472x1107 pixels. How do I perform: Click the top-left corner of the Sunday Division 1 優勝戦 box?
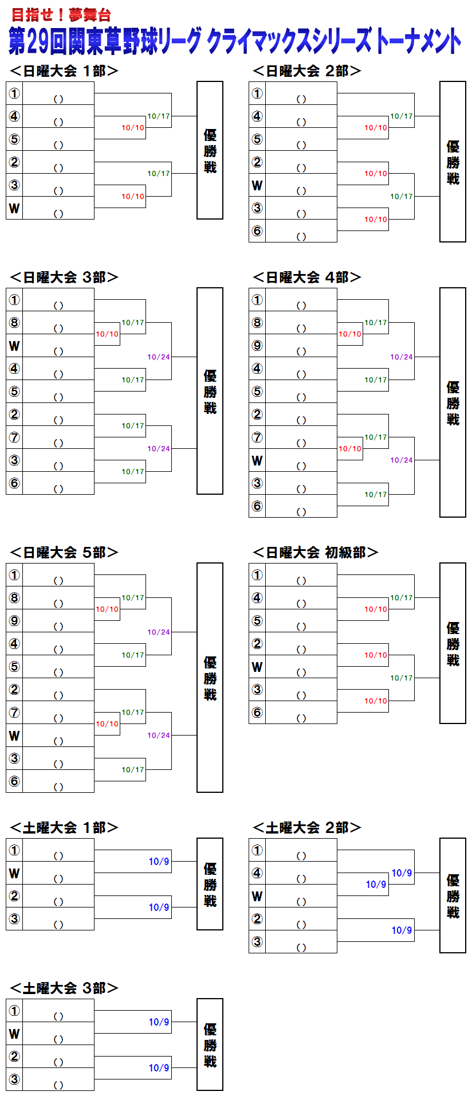(x=197, y=81)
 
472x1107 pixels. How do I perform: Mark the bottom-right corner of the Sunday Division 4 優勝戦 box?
(x=466, y=517)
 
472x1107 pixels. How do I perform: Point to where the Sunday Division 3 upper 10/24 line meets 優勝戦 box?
(x=197, y=357)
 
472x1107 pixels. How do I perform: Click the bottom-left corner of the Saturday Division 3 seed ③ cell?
(x=6, y=1090)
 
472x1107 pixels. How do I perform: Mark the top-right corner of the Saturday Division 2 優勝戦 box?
(x=466, y=838)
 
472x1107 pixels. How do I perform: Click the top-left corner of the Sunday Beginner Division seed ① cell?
(x=249, y=564)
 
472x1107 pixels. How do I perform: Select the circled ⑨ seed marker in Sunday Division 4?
(x=257, y=346)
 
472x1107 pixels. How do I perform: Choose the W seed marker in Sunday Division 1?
(x=14, y=208)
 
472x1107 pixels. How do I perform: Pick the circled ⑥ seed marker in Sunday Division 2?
(x=257, y=231)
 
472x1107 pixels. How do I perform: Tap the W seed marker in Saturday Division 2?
(x=257, y=896)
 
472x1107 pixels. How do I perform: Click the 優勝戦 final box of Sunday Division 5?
(x=210, y=678)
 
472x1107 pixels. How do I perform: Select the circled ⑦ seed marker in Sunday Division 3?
(x=14, y=437)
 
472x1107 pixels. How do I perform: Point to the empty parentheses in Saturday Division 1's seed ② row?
(x=58, y=902)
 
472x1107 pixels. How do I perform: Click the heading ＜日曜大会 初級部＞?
(x=316, y=552)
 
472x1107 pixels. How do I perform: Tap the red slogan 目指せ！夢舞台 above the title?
(x=61, y=15)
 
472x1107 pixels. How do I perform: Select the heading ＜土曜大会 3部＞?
(x=64, y=988)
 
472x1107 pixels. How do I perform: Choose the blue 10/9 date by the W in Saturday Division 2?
(x=376, y=885)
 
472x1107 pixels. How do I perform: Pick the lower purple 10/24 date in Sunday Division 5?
(x=159, y=736)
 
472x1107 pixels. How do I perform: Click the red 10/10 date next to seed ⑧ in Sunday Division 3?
(x=107, y=334)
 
